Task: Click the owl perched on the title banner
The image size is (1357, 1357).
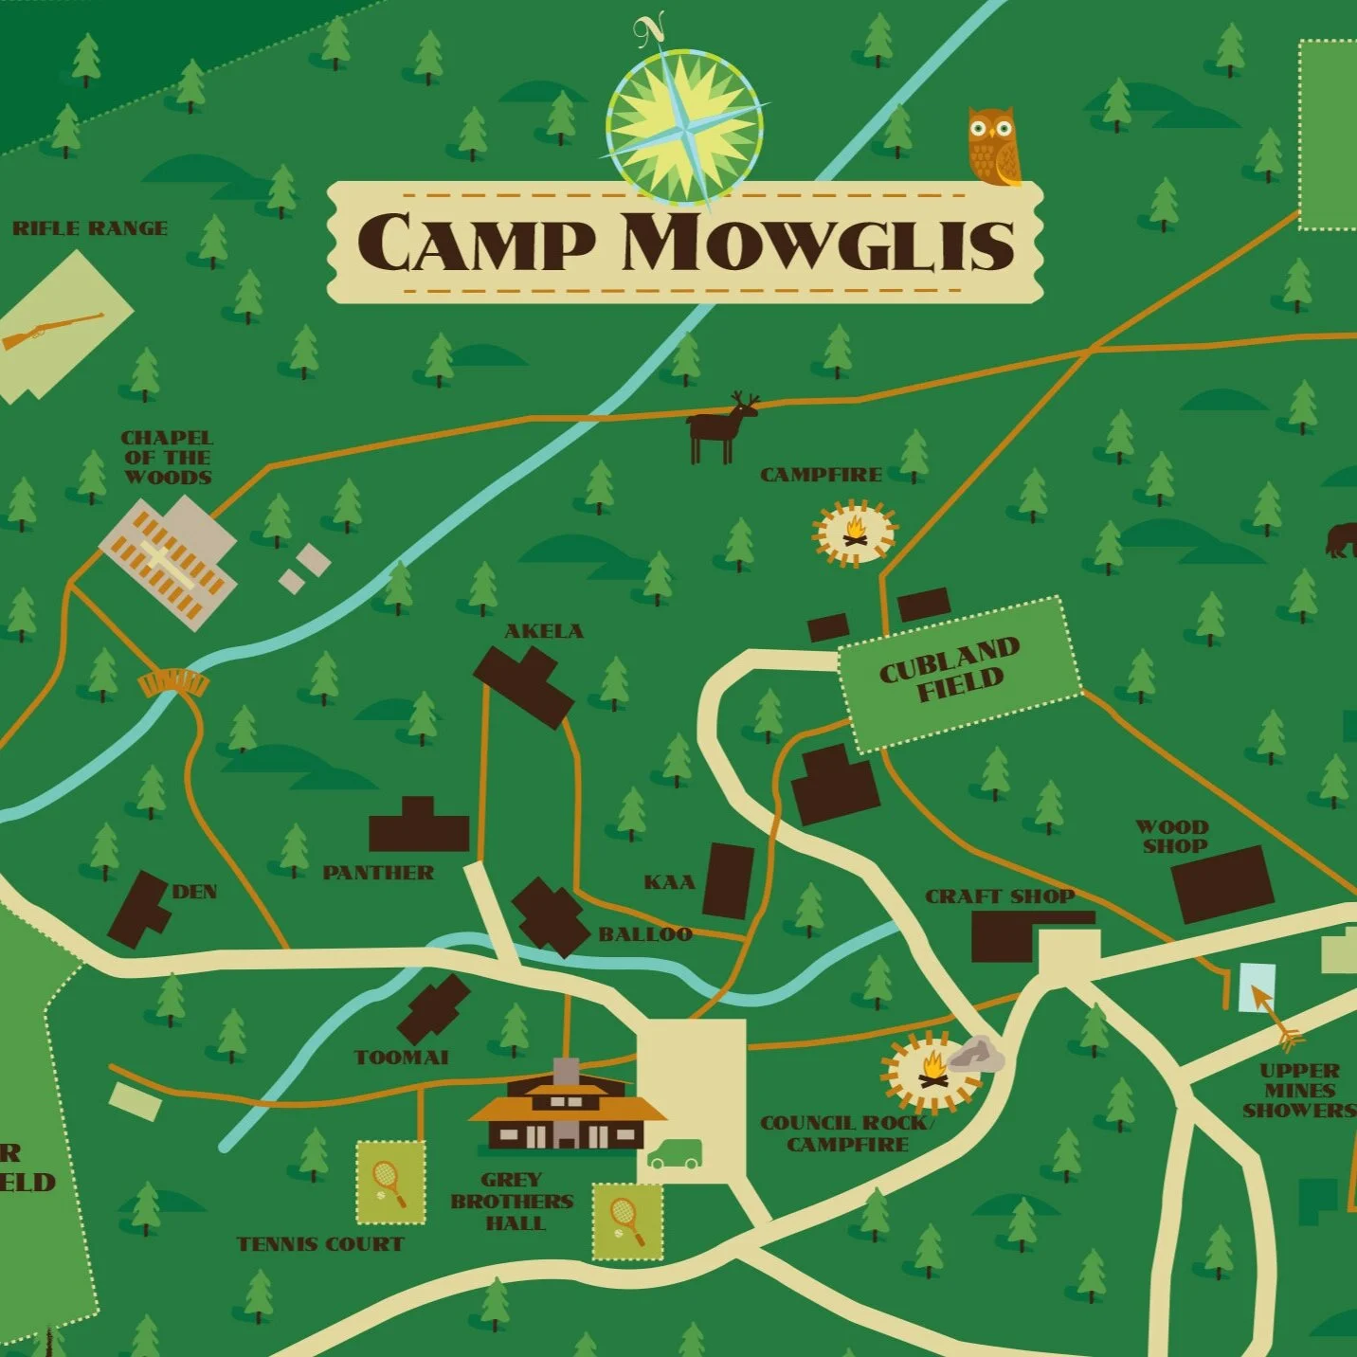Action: [992, 146]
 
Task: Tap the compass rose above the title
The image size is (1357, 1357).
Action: [684, 126]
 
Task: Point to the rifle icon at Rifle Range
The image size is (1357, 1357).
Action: [53, 329]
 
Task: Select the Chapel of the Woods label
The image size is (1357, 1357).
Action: [167, 458]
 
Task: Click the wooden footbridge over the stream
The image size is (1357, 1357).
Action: [172, 682]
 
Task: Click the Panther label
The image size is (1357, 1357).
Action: [378, 873]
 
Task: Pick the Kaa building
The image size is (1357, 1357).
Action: [729, 881]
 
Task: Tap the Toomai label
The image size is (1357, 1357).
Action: [401, 1058]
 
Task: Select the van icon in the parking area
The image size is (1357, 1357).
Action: [675, 1154]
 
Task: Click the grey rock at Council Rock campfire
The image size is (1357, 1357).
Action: [976, 1055]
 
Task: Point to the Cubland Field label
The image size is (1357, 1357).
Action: [950, 668]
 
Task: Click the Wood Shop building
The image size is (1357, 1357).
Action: [1222, 883]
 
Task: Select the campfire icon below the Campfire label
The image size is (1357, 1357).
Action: [855, 533]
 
